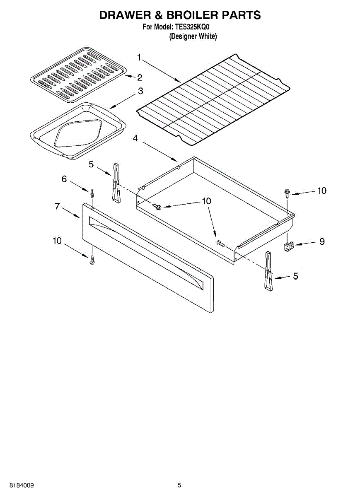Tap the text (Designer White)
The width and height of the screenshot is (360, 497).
[x=193, y=36]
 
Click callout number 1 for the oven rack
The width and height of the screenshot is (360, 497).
[x=140, y=57]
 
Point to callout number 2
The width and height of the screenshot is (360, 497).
[x=140, y=77]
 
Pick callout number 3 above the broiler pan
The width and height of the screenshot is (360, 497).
[x=140, y=91]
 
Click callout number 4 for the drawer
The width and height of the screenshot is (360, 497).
[x=135, y=139]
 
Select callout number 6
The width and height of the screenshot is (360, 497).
[x=64, y=179]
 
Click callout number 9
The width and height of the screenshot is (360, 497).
[x=321, y=241]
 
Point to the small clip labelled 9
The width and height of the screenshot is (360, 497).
[x=289, y=247]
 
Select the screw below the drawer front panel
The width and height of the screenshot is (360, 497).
[x=92, y=260]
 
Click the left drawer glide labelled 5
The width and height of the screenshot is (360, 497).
[x=116, y=182]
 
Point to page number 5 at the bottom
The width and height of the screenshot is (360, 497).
[x=179, y=485]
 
